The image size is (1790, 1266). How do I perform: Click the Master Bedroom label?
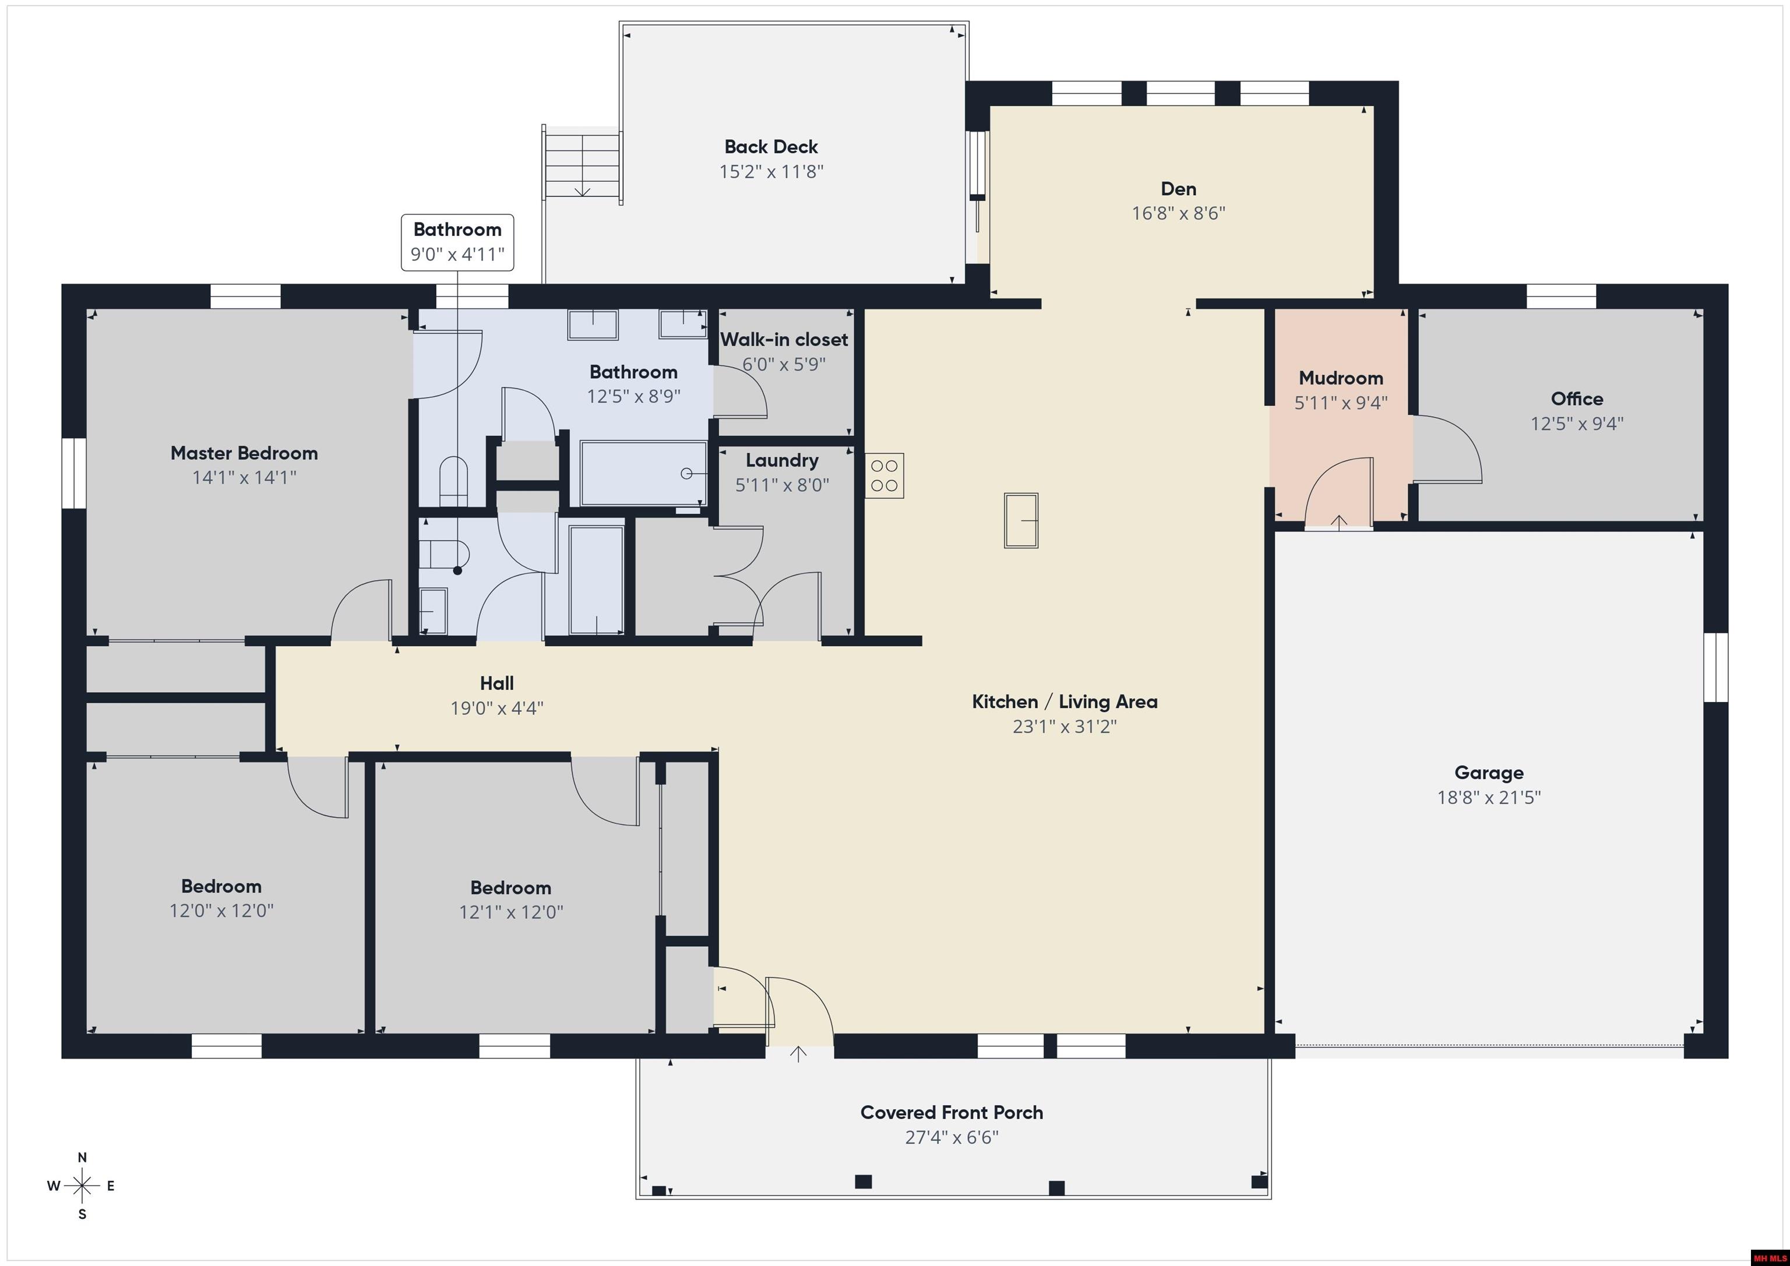[x=244, y=453]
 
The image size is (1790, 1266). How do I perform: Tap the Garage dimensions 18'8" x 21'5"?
[x=1489, y=798]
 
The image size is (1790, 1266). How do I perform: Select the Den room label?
[x=1178, y=189]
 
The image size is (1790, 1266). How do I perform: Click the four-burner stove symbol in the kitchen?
[x=884, y=475]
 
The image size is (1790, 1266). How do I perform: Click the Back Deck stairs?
[x=582, y=164]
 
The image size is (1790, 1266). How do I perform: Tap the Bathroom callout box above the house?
[x=457, y=242]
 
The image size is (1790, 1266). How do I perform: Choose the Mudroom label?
[x=1341, y=378]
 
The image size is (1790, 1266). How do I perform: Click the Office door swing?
[x=1449, y=449]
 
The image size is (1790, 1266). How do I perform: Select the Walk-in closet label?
[x=784, y=339]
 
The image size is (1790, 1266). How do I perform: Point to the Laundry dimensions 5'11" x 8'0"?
[x=782, y=485]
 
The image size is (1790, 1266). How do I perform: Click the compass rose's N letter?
[x=82, y=1158]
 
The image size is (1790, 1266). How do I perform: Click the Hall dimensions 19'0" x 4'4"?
[x=496, y=708]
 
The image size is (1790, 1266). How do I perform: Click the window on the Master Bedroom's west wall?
[x=74, y=473]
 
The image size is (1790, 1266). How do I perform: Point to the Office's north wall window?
[x=1561, y=296]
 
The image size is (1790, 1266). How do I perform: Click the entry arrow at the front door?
[x=798, y=1054]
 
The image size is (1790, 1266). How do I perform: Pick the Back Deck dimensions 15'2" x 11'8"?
[x=771, y=171]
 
